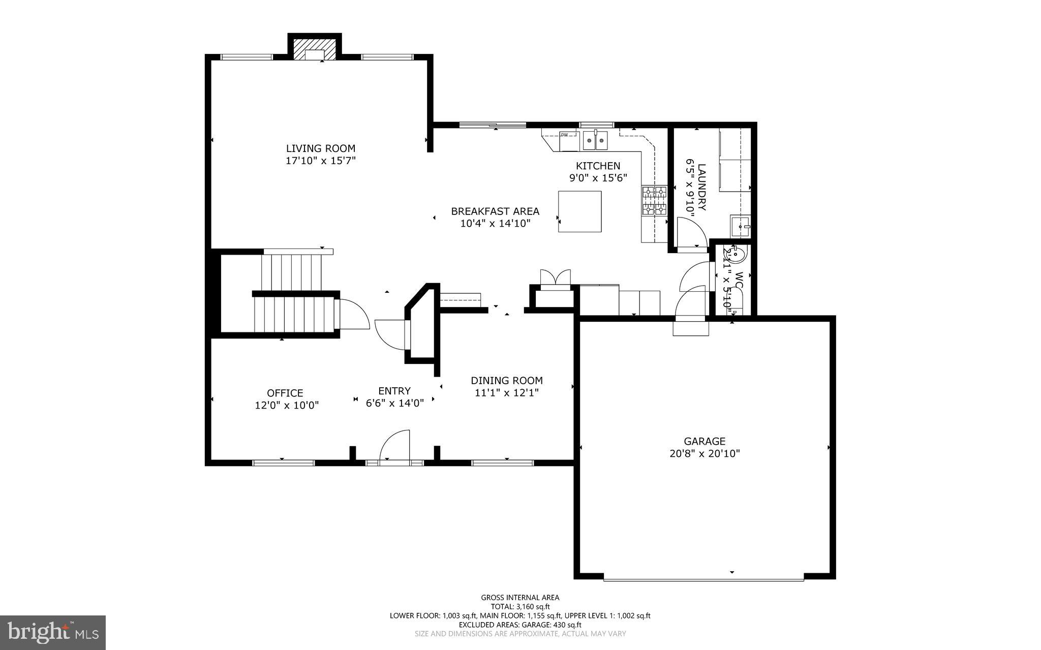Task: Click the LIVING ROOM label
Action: pos(320,148)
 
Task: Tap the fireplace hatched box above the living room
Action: pos(315,48)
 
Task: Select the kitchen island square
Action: pos(579,211)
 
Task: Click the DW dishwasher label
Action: pos(564,135)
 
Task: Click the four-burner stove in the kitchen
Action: pos(654,201)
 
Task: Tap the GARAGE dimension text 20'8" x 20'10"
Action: pos(704,454)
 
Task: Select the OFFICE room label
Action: pos(285,393)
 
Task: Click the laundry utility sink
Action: pos(741,227)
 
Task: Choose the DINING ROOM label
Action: pos(506,380)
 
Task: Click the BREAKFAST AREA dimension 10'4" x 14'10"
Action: pos(495,223)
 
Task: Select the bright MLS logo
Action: pos(53,632)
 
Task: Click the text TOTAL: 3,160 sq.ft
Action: pos(520,606)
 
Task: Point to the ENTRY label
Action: pos(394,391)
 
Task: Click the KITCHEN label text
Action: pos(598,166)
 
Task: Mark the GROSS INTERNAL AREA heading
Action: pos(520,598)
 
